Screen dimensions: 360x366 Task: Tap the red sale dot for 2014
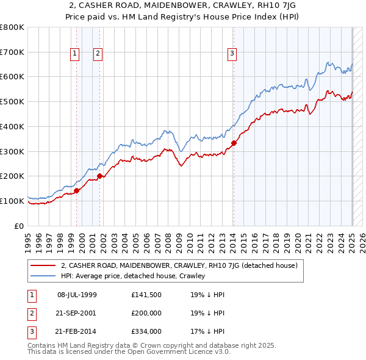click(x=234, y=143)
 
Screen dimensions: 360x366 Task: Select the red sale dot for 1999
click(x=77, y=190)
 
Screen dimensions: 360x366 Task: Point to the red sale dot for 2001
click(x=100, y=176)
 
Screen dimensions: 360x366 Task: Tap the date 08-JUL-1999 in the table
click(x=77, y=294)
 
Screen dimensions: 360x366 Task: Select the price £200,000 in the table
click(x=146, y=313)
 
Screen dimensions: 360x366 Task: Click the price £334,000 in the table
click(x=146, y=332)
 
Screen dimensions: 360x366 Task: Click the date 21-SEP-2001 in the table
click(x=77, y=313)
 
